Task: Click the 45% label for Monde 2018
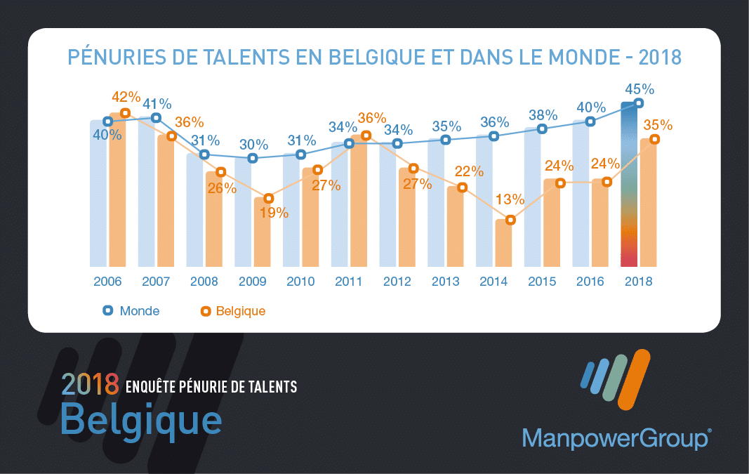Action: tap(639, 89)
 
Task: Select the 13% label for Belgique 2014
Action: tap(510, 199)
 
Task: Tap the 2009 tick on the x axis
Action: tap(253, 282)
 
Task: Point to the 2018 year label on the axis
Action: tap(638, 282)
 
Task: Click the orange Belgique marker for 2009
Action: tap(268, 199)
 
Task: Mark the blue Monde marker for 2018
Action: tap(638, 103)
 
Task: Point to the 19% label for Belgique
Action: tap(274, 213)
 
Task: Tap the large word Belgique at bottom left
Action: tap(141, 420)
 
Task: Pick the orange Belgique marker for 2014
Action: tap(510, 220)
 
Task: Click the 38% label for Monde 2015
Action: tap(543, 115)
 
